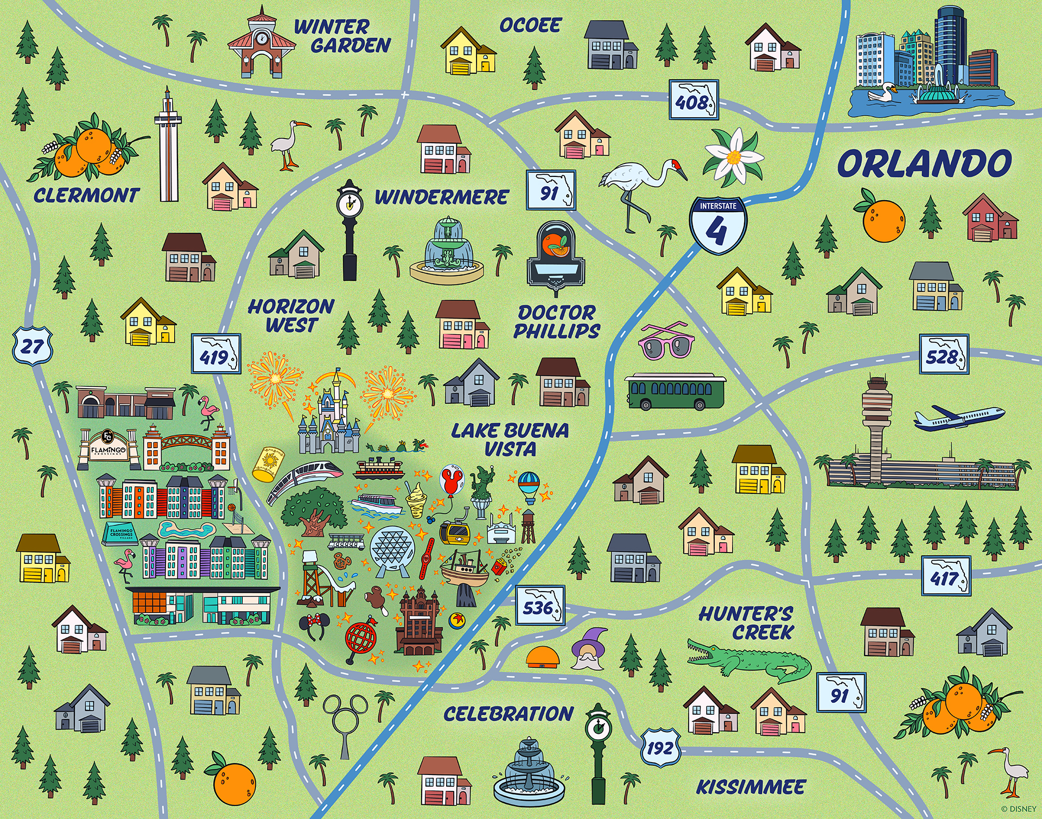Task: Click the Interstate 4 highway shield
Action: click(717, 225)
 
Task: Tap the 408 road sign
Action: click(693, 100)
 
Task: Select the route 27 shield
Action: click(32, 345)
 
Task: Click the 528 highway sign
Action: click(944, 355)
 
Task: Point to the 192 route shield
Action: click(660, 747)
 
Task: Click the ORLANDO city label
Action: click(924, 164)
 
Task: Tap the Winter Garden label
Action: click(342, 36)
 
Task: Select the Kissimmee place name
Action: click(751, 786)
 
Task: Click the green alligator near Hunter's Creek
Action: click(749, 659)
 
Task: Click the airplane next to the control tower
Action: click(958, 418)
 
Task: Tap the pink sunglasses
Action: click(666, 341)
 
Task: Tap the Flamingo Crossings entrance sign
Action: click(108, 449)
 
